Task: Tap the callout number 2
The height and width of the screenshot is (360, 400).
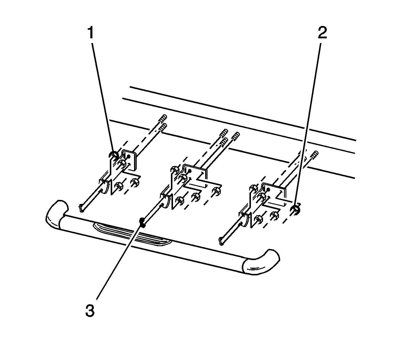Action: point(322,33)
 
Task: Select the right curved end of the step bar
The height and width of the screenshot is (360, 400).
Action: point(261,262)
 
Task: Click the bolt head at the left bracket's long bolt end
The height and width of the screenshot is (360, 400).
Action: point(82,208)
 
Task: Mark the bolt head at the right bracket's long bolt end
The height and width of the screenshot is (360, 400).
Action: point(221,241)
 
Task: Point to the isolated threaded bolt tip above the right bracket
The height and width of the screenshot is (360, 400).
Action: point(315,154)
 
